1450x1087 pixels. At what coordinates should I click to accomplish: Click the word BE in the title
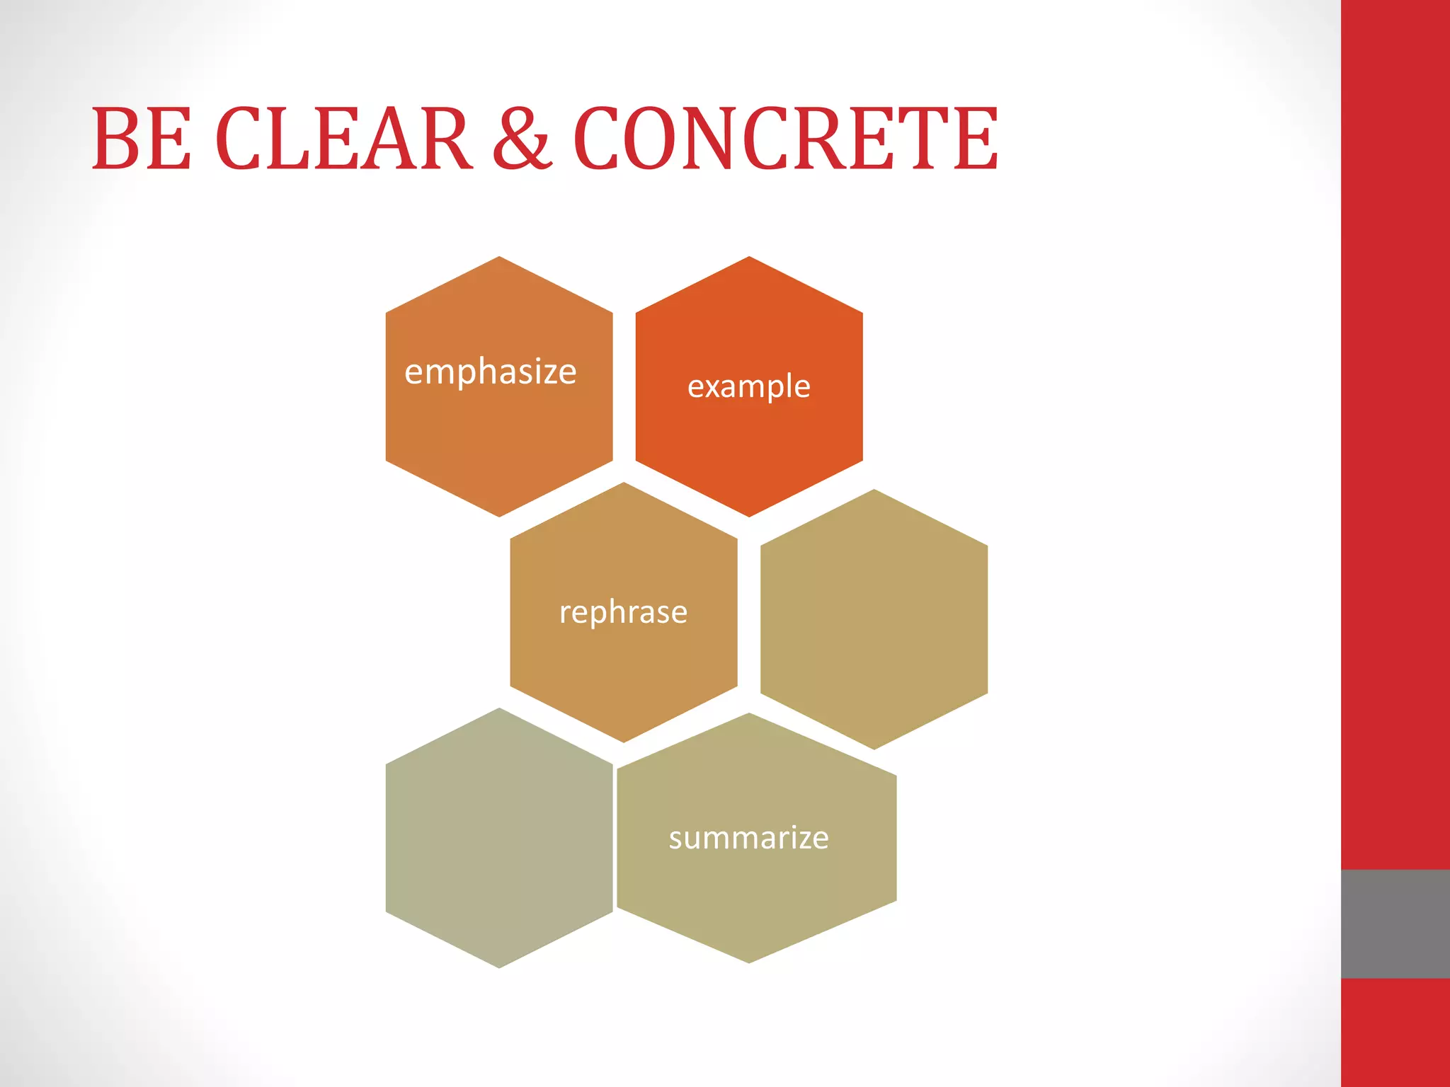pos(142,139)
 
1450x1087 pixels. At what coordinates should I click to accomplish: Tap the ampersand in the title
pos(522,139)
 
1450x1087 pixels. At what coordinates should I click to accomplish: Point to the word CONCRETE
pos(786,139)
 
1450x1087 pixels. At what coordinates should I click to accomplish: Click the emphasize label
pos(490,372)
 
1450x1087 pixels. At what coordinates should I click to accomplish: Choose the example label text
pos(748,386)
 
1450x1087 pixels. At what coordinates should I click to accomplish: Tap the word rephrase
pos(623,612)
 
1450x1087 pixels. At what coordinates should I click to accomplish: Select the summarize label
pos(748,838)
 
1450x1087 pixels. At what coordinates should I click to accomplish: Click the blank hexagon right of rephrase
pos(874,619)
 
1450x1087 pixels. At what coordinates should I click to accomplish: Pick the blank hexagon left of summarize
pos(499,838)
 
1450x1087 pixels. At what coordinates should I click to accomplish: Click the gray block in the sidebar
pos(1395,924)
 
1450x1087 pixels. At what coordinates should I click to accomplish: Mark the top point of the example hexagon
pos(749,258)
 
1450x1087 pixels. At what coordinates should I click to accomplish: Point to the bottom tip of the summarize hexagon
pos(749,962)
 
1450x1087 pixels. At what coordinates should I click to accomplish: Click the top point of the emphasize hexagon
pos(499,258)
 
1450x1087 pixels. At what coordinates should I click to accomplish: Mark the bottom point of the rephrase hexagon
pos(624,741)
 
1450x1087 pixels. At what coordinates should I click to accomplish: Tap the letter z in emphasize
pos(544,373)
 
